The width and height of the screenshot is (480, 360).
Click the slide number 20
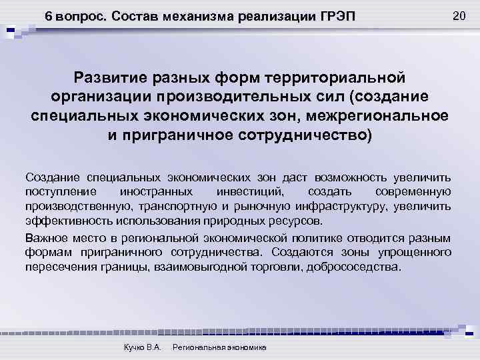point(458,15)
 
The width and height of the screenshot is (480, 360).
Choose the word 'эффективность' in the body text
point(61,222)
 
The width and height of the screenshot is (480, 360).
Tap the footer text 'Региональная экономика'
point(219,348)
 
